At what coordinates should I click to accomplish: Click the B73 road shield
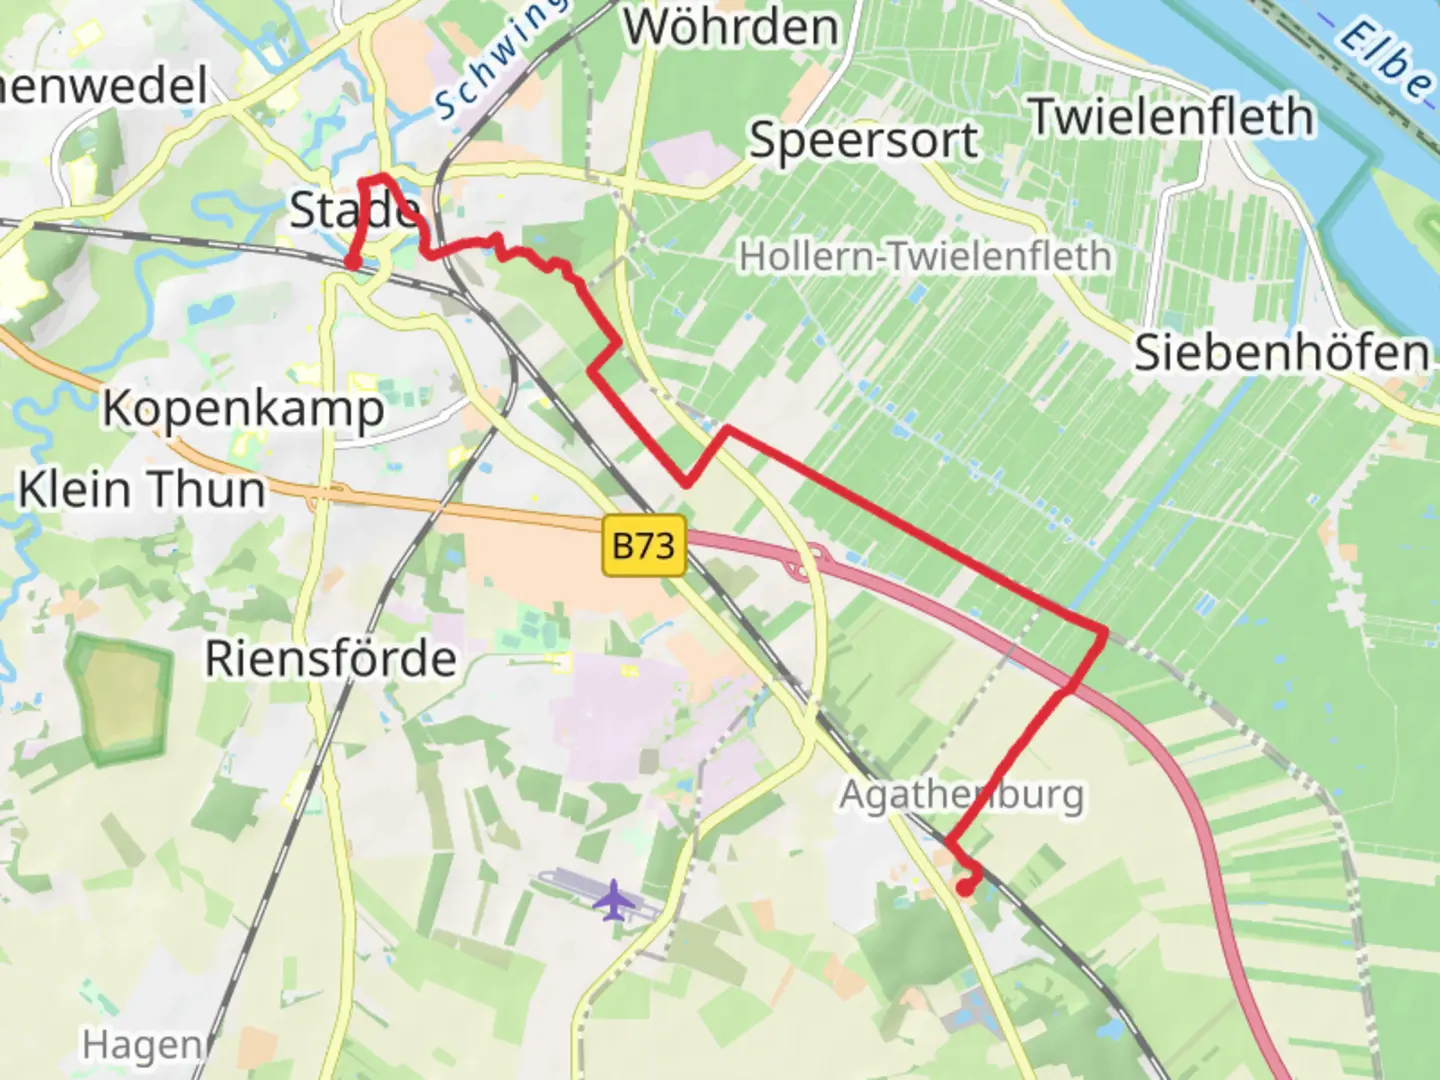[x=643, y=546]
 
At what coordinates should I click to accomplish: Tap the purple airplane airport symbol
[x=613, y=900]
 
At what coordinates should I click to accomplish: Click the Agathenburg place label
[x=961, y=795]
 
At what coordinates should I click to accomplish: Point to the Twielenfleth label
[x=1171, y=117]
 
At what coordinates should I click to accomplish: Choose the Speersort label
[x=864, y=140]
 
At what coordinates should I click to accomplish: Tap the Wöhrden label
[x=731, y=27]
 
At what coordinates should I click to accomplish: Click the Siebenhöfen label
[x=1282, y=353]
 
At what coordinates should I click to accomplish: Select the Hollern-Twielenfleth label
[x=925, y=257]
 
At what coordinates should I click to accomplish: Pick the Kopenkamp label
[x=243, y=409]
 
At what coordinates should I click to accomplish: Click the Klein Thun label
[x=142, y=490]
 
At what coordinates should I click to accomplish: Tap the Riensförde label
[x=331, y=659]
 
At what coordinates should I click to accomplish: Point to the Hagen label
[x=141, y=1045]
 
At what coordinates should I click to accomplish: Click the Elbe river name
[x=1385, y=60]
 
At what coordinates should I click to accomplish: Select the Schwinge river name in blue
[x=497, y=62]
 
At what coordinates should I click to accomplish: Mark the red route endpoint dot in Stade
[x=352, y=262]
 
